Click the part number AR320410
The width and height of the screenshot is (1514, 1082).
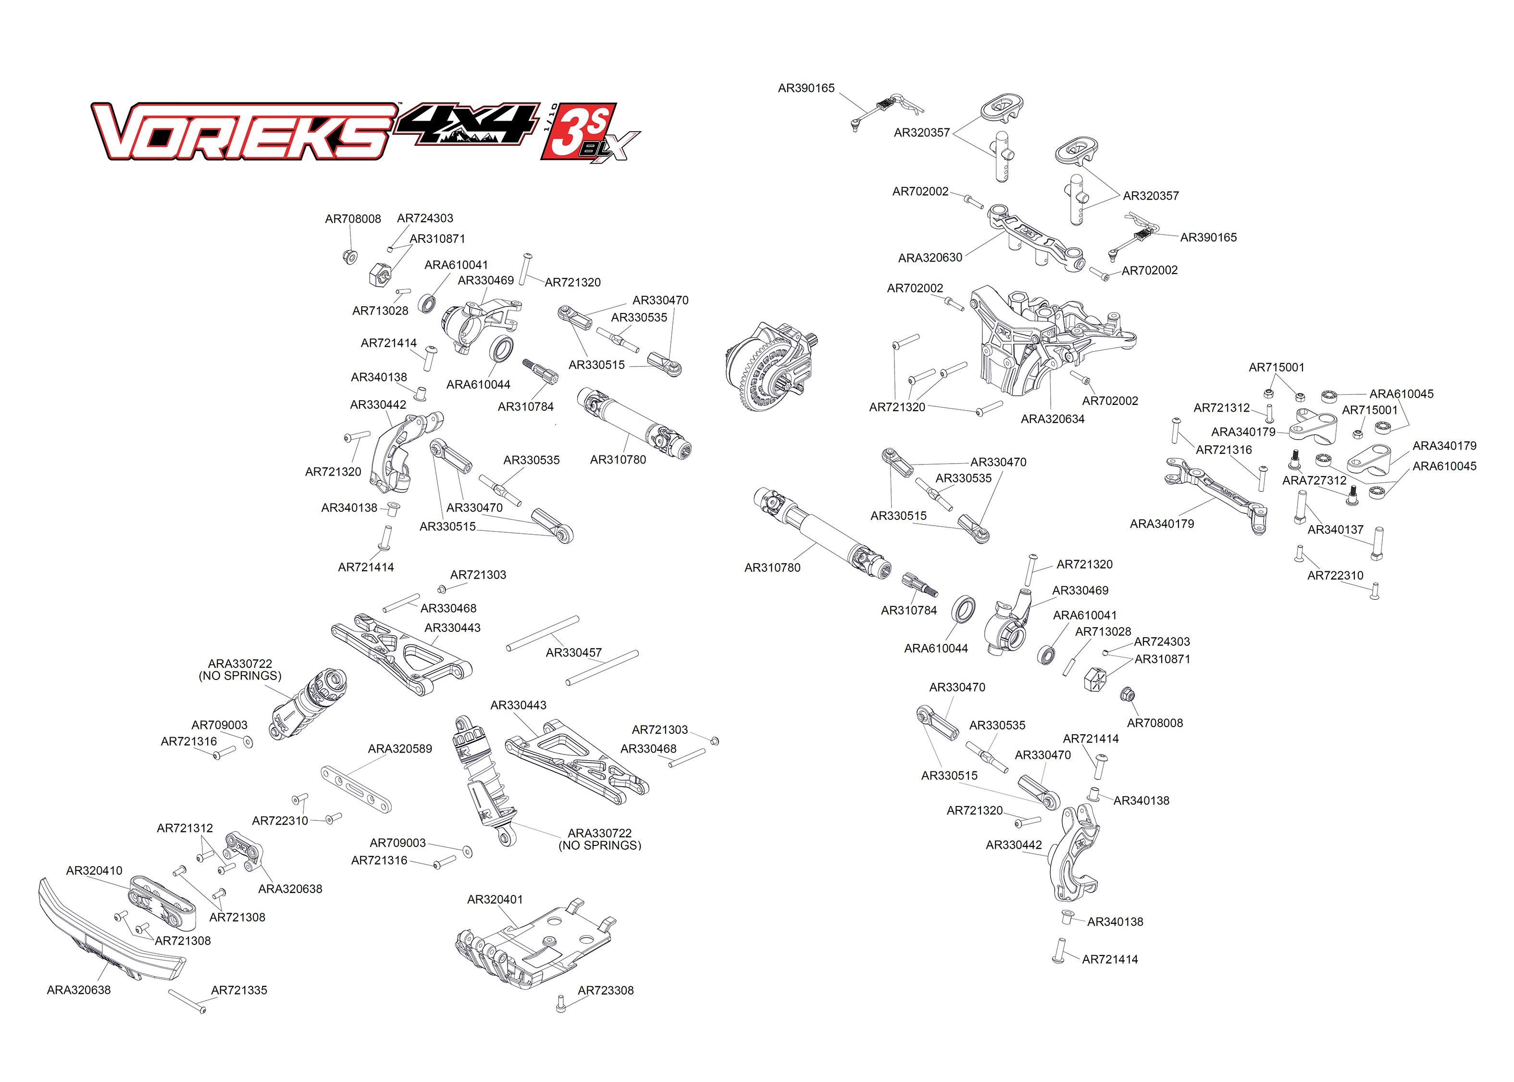pyautogui.click(x=94, y=871)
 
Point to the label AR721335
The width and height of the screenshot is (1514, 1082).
pyautogui.click(x=239, y=991)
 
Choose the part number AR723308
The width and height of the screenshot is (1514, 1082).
pyautogui.click(x=605, y=991)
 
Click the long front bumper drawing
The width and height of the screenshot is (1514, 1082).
pyautogui.click(x=110, y=933)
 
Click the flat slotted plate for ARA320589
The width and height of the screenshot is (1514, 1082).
pyautogui.click(x=356, y=790)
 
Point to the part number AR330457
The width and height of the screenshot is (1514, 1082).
pyautogui.click(x=573, y=653)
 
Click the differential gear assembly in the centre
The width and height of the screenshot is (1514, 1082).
pyautogui.click(x=769, y=366)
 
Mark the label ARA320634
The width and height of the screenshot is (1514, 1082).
pyautogui.click(x=1052, y=419)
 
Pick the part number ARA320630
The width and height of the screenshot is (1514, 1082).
pyautogui.click(x=930, y=258)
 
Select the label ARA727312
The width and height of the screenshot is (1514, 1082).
pyautogui.click(x=1314, y=480)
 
